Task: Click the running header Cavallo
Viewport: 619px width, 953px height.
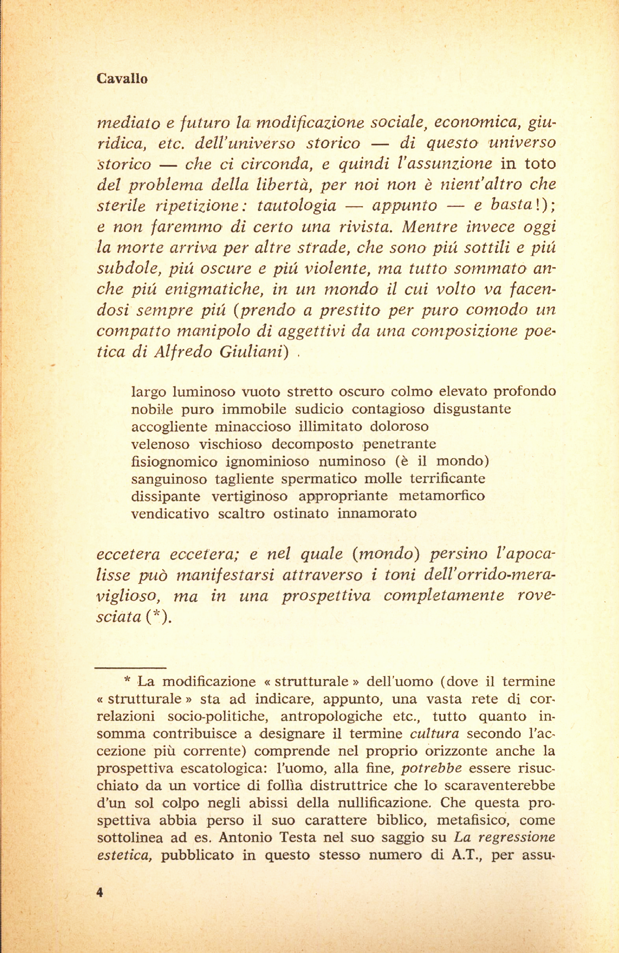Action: click(122, 79)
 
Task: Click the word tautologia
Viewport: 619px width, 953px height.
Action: click(296, 206)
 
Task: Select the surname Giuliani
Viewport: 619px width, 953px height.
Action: click(254, 351)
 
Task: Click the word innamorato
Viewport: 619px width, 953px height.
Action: click(377, 513)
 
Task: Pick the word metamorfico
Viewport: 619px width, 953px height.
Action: click(442, 496)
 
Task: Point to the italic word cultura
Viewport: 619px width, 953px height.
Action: click(435, 734)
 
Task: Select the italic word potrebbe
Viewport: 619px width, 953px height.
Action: click(431, 769)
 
